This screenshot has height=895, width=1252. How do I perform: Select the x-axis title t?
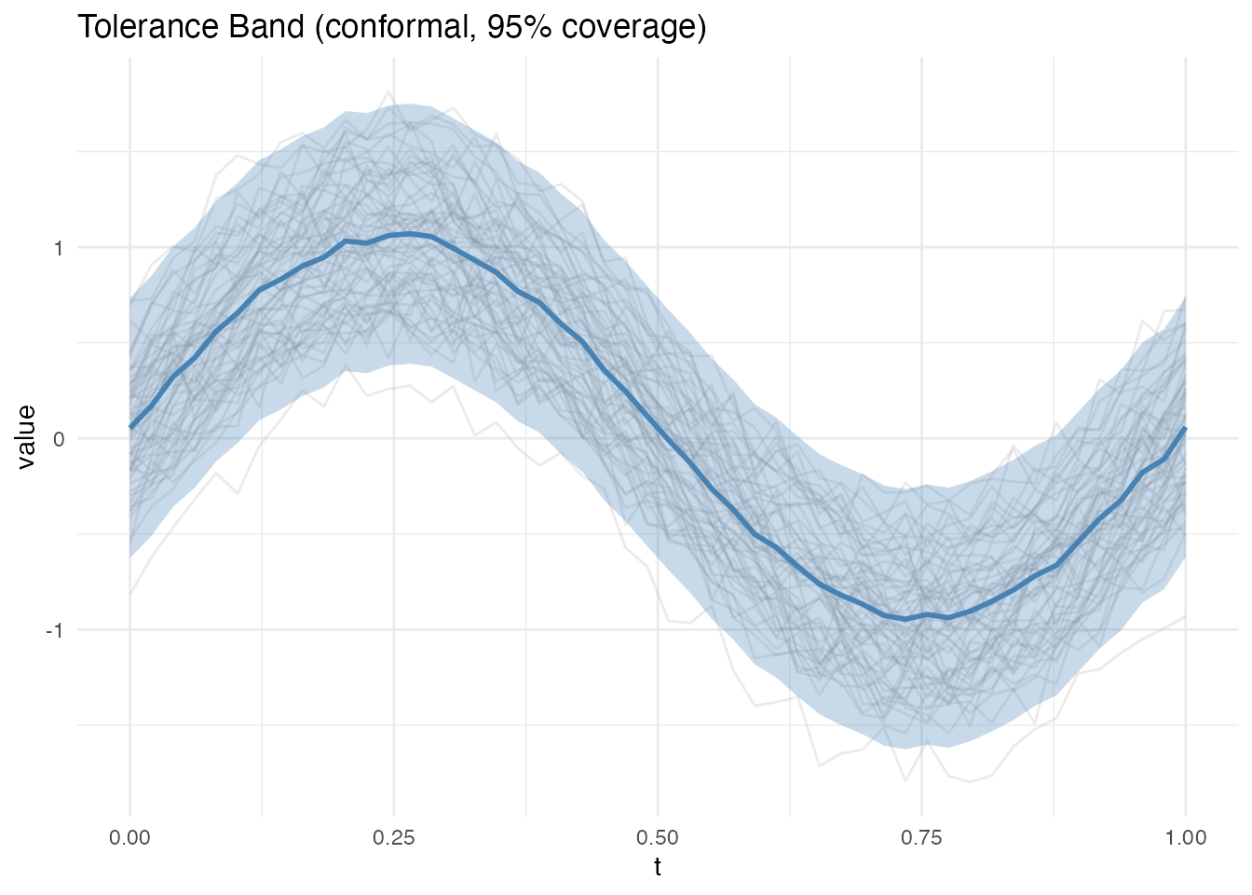point(658,867)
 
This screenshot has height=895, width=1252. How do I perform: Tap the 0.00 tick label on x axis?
point(129,837)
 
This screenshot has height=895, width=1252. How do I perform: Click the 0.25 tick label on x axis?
point(393,837)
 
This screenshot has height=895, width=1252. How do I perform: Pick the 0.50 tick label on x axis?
point(658,837)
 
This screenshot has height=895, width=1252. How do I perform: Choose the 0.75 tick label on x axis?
point(921,837)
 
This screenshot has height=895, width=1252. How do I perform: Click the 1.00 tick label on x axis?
point(1185,837)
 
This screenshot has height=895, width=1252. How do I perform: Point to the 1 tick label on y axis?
point(58,248)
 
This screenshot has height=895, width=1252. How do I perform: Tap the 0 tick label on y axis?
point(58,439)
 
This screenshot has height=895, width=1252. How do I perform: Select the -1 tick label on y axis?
point(54,630)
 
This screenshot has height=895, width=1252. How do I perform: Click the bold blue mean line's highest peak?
point(410,234)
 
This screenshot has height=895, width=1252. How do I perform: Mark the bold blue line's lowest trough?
point(905,619)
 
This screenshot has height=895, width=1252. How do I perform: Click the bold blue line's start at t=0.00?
point(130,427)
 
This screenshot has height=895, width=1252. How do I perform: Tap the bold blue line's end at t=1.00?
point(1185,428)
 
